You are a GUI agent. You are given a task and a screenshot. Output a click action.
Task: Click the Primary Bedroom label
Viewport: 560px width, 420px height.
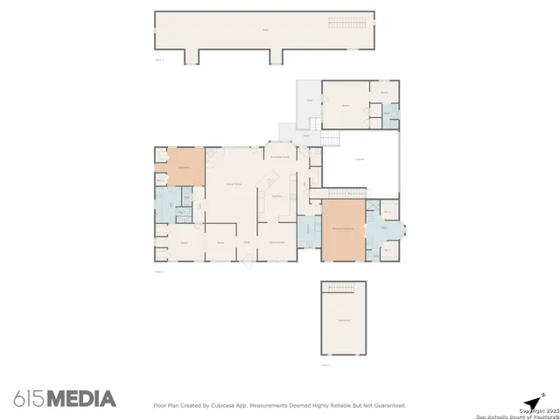pos(342,227)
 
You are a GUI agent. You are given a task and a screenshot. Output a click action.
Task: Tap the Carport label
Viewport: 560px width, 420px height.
pos(359,159)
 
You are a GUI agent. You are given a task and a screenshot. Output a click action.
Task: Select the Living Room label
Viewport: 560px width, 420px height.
pos(234,185)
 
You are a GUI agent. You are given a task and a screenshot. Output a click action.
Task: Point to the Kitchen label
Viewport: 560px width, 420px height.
pos(276,196)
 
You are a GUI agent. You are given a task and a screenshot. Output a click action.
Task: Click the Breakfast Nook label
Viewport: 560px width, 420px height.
pos(280,156)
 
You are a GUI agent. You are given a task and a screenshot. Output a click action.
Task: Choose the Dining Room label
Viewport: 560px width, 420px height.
pos(276,241)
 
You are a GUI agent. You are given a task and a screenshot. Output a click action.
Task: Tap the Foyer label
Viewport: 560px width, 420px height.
pos(247,241)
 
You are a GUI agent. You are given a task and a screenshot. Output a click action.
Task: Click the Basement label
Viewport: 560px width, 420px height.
pos(343,320)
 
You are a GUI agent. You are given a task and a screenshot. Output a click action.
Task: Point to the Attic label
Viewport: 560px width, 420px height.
pos(264,31)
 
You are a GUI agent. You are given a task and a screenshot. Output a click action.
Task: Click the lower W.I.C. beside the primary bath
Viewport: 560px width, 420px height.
pos(388,249)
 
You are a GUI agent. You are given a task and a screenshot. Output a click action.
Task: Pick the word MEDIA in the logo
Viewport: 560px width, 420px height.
pos(81,399)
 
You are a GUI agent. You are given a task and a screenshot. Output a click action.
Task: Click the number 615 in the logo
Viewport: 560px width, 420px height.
pos(29,399)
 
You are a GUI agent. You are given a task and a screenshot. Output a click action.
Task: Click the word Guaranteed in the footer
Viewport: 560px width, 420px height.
pos(388,405)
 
